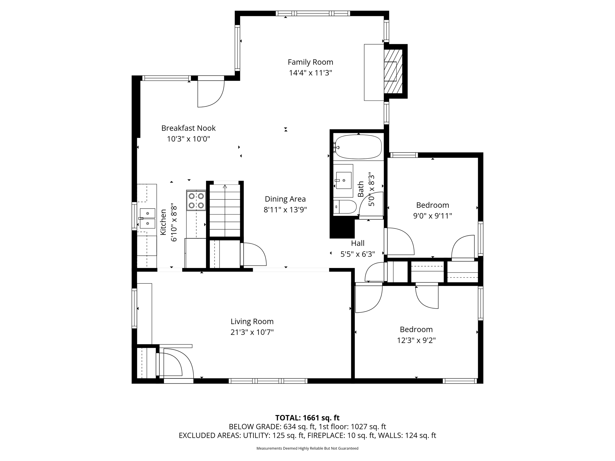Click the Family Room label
(310, 62)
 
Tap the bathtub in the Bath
(358, 147)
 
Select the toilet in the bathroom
(345, 207)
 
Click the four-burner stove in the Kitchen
(196, 200)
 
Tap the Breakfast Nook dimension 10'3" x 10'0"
(188, 139)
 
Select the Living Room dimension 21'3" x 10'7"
(252, 332)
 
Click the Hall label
(358, 243)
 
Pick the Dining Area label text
(285, 199)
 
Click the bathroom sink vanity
(343, 180)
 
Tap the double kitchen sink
(147, 218)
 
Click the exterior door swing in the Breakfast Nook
(210, 92)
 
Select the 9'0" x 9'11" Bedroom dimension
(432, 216)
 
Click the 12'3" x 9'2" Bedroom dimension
(416, 340)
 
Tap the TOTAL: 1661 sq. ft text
(307, 418)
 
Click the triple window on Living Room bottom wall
(268, 381)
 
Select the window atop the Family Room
(313, 13)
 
